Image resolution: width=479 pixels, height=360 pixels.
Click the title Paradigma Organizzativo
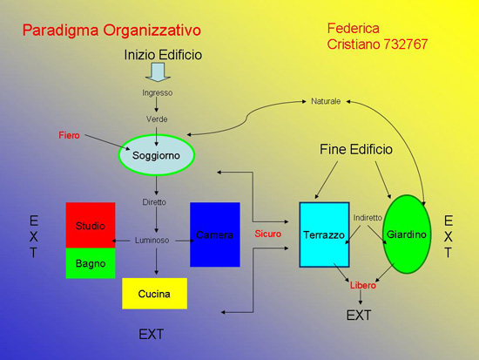click(x=111, y=31)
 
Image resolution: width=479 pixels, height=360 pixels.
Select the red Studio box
click(x=90, y=225)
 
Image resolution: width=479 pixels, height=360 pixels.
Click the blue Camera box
click(x=214, y=234)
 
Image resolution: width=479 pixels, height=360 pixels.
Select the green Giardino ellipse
click(x=407, y=234)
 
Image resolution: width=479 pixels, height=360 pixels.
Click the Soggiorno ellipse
click(x=156, y=155)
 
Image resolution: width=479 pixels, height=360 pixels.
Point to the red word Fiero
click(x=70, y=136)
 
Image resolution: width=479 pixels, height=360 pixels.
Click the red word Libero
click(x=363, y=285)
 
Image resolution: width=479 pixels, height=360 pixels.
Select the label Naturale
click(x=326, y=102)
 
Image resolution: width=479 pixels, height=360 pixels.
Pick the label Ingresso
click(x=158, y=92)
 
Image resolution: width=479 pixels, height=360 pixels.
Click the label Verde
click(x=158, y=119)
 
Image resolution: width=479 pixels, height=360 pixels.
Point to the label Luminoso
click(x=152, y=241)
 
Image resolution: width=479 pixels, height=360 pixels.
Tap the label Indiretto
click(x=368, y=217)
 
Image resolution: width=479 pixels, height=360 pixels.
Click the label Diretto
click(x=154, y=202)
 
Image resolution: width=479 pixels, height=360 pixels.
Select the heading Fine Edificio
click(x=356, y=150)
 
